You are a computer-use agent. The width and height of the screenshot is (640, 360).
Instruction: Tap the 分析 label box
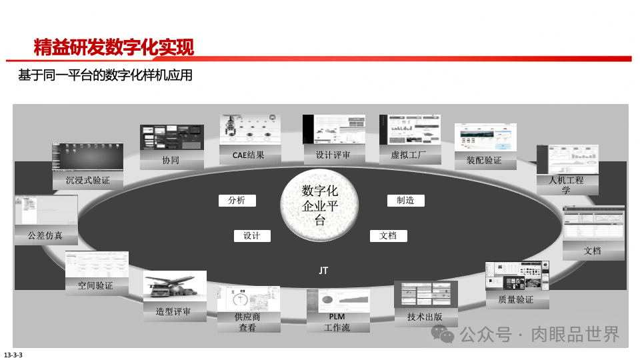click(x=237, y=200)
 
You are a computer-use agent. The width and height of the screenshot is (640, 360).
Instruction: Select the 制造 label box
click(x=405, y=200)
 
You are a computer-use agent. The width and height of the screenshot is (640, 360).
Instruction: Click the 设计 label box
click(x=251, y=235)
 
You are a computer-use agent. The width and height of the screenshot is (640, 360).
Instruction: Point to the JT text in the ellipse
click(x=323, y=271)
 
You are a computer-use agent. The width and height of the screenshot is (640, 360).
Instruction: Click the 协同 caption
click(x=171, y=161)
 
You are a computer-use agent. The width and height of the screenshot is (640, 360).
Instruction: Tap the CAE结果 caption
click(x=248, y=155)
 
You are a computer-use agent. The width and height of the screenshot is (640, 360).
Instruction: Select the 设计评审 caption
click(x=327, y=156)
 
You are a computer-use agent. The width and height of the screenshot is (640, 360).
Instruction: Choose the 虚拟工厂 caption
click(x=407, y=157)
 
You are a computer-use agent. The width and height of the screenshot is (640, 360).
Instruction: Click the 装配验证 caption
click(x=484, y=161)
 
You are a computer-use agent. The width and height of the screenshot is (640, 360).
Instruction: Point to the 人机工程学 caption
click(x=566, y=185)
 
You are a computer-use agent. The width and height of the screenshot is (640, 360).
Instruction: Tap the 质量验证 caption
click(x=516, y=300)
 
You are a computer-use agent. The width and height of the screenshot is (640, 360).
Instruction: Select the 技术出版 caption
click(x=425, y=317)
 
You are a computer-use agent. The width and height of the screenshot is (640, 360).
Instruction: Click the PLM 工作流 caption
click(x=337, y=322)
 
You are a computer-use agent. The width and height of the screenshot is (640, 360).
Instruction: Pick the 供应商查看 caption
click(x=247, y=322)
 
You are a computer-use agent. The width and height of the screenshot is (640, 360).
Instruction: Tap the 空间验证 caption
click(x=95, y=285)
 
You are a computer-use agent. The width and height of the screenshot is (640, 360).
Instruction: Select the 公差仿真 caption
click(x=45, y=235)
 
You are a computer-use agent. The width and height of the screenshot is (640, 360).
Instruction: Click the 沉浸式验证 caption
click(x=87, y=180)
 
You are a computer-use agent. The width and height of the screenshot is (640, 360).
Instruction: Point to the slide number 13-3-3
click(x=13, y=354)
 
